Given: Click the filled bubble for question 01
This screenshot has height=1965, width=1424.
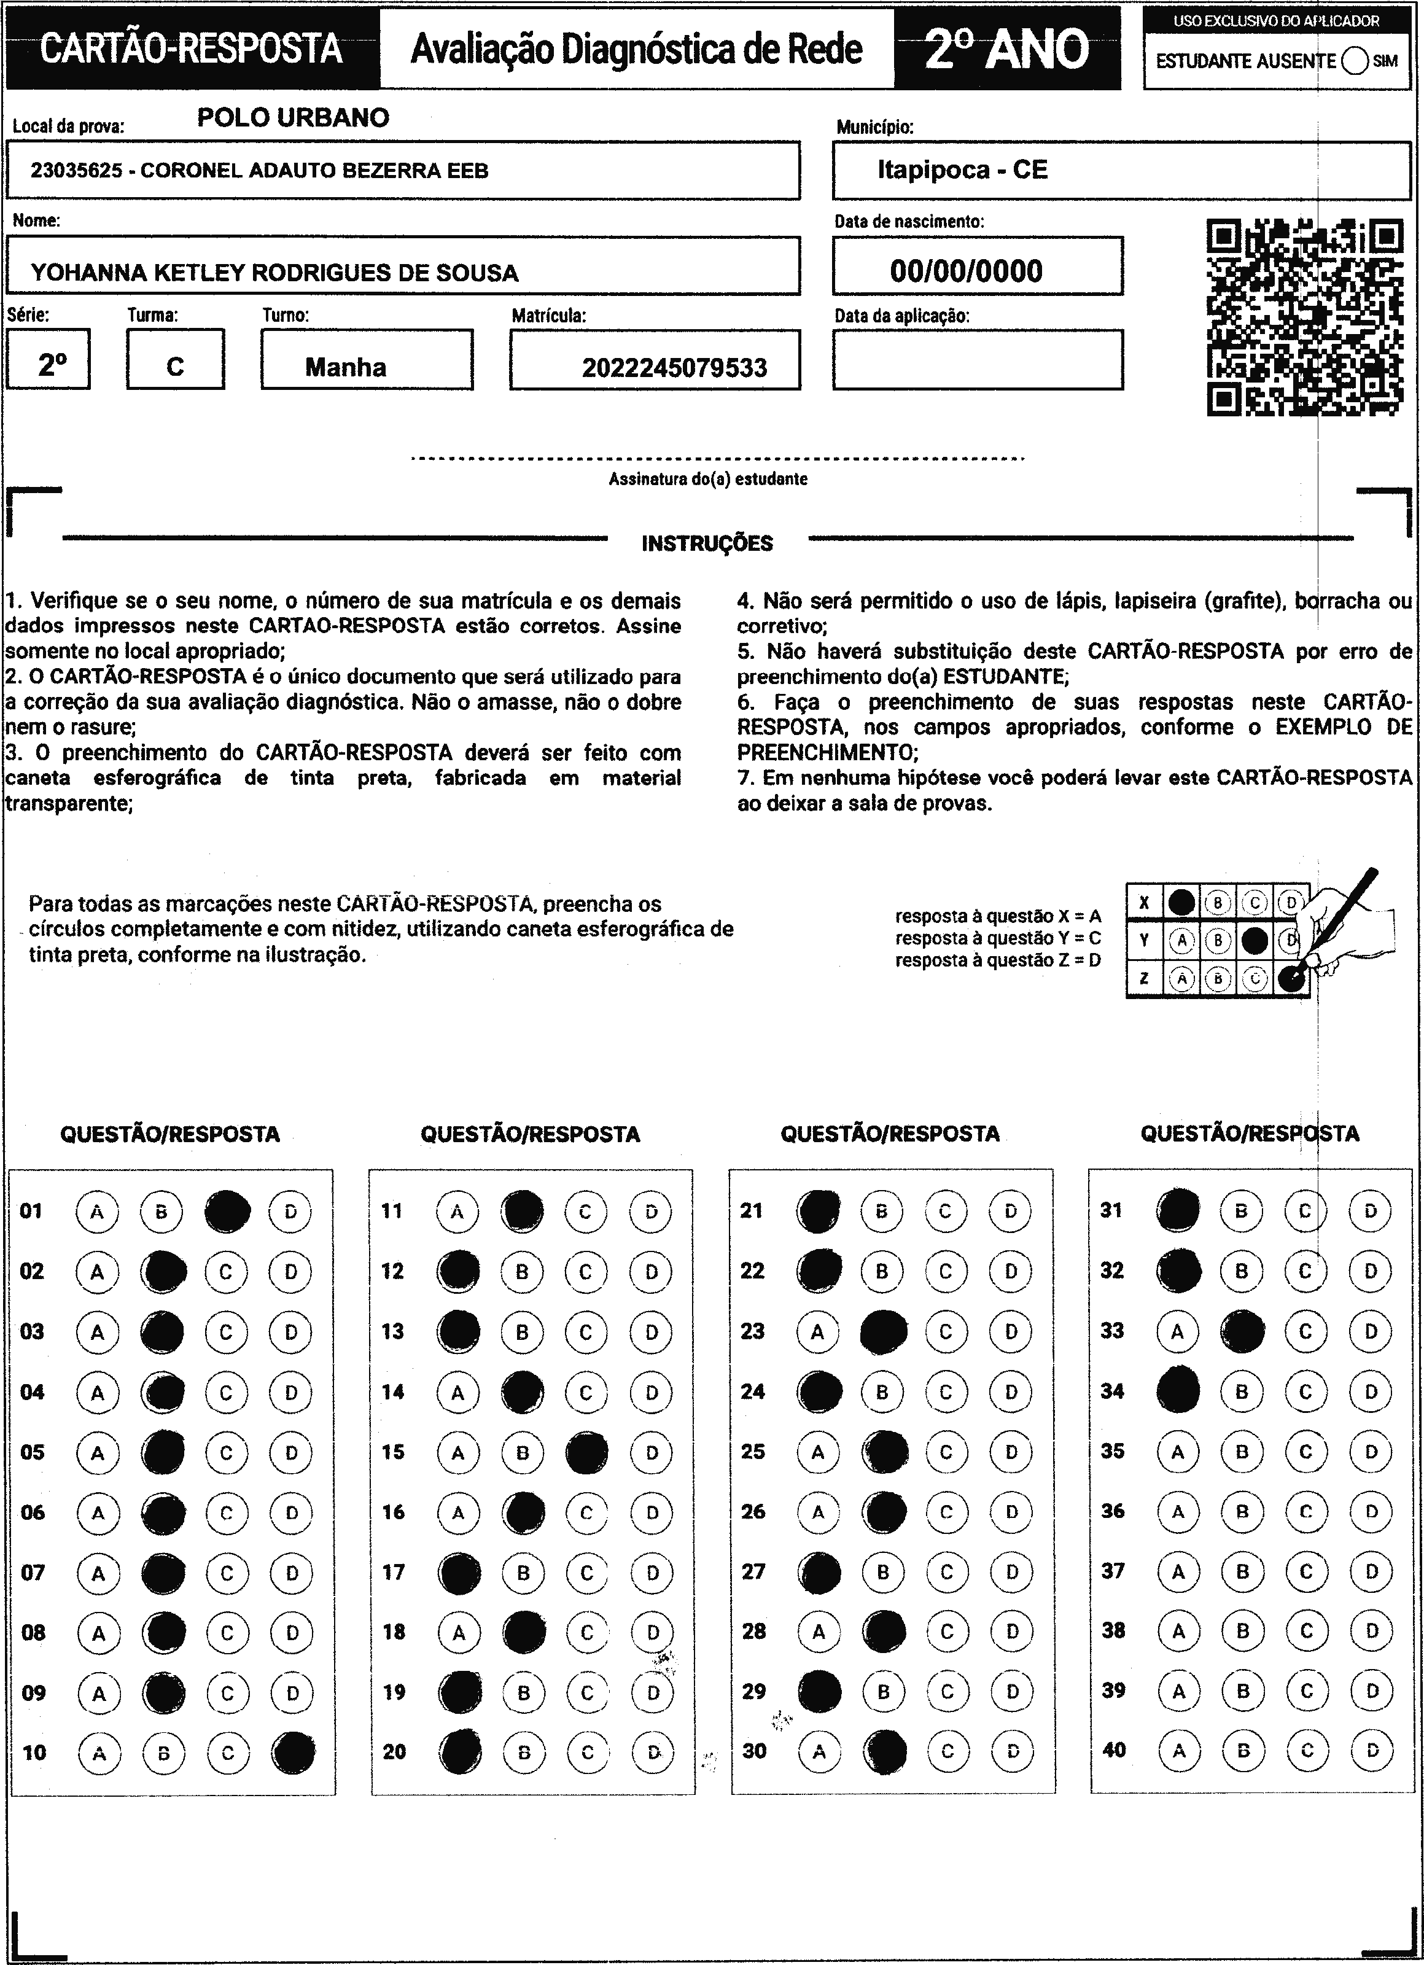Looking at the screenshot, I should (228, 1210).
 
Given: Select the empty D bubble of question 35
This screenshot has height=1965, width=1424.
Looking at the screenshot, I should (1371, 1452).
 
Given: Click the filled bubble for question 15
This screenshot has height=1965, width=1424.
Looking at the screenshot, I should (587, 1452).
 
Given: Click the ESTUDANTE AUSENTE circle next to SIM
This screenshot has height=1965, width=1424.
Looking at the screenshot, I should (1355, 61).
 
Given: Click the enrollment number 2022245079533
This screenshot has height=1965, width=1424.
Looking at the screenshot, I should (674, 368).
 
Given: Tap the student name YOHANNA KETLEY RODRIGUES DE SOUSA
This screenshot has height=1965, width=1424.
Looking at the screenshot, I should (274, 273).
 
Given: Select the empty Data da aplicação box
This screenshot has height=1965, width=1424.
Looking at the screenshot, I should (978, 360).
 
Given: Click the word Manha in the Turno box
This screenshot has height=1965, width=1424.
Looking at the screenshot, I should (346, 367).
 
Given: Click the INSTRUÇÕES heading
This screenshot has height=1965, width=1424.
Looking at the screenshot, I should (707, 543).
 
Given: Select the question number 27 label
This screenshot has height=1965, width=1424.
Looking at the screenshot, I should (753, 1571).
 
